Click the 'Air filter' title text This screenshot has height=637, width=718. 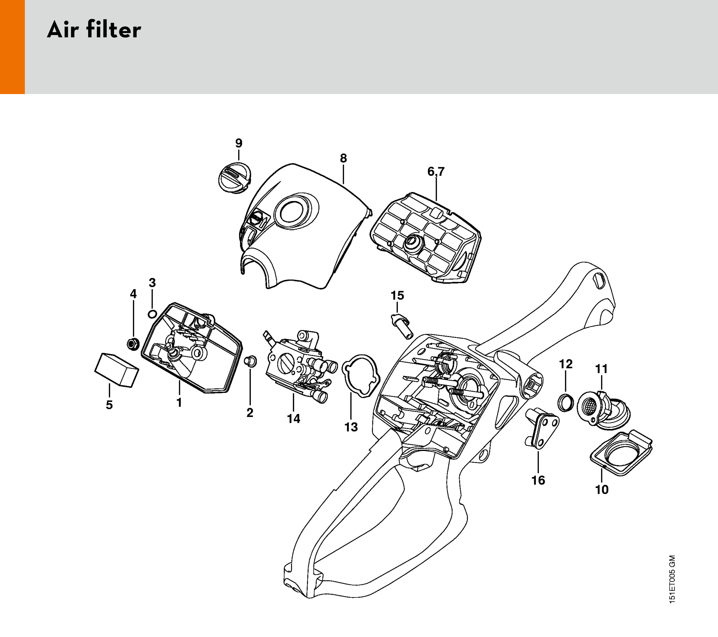click(94, 30)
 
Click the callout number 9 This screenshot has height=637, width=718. click(239, 143)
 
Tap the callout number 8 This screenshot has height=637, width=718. click(343, 158)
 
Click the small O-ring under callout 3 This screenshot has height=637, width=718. click(152, 313)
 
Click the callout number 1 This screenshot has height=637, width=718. click(179, 402)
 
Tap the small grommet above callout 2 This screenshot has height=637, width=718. click(250, 360)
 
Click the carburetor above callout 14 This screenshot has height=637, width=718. click(299, 365)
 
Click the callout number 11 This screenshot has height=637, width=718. click(601, 369)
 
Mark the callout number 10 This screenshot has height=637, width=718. click(602, 489)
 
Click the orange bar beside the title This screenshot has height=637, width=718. click(12, 47)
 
